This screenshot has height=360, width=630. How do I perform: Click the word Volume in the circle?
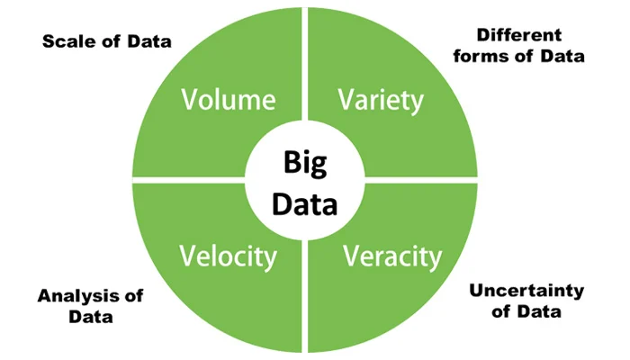(228, 100)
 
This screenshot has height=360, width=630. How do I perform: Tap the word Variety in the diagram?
(381, 100)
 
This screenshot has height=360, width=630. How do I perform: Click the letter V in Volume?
(190, 100)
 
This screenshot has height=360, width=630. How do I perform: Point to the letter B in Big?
(290, 163)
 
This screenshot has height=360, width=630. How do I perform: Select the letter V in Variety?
(346, 100)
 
